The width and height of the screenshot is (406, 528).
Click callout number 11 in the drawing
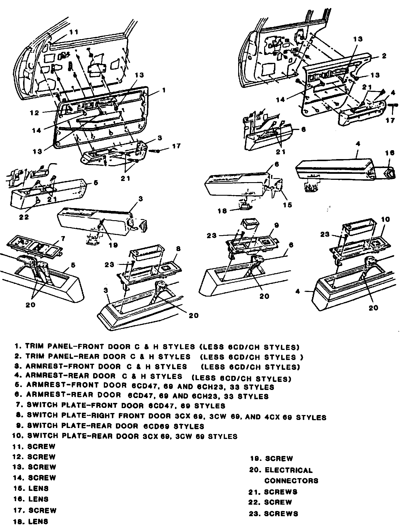[x=74, y=32]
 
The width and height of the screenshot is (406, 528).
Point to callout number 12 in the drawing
[x=35, y=113]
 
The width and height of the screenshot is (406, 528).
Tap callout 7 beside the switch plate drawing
[x=63, y=238]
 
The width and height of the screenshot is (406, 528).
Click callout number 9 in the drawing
[x=276, y=226]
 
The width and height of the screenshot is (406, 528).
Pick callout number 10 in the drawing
[x=385, y=219]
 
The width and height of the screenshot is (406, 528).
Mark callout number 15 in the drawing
[x=287, y=205]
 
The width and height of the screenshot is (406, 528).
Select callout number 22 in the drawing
[x=24, y=217]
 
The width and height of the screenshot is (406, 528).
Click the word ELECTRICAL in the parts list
[x=288, y=470]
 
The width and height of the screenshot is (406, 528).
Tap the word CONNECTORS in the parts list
[x=291, y=481]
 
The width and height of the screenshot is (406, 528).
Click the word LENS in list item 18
[x=38, y=521]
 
